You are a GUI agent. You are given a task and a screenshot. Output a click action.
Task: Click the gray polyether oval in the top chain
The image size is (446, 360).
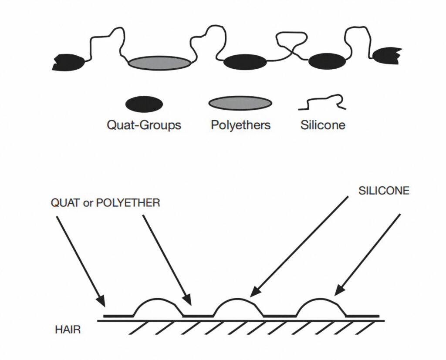click(x=159, y=63)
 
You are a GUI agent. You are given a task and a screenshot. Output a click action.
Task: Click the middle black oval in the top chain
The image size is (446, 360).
click(x=245, y=62)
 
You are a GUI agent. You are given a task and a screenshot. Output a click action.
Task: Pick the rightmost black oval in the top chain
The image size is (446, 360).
click(x=330, y=62)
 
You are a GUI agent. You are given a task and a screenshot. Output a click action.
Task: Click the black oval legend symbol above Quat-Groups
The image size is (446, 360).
click(x=144, y=104)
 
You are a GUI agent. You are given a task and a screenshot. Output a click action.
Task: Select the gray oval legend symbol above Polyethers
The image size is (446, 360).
click(x=240, y=103)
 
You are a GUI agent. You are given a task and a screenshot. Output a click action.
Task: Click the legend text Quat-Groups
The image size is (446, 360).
click(x=144, y=125)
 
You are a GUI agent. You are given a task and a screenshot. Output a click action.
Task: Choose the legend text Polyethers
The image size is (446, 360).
click(x=240, y=125)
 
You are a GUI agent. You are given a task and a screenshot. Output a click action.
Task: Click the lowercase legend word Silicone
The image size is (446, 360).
click(x=323, y=125)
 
